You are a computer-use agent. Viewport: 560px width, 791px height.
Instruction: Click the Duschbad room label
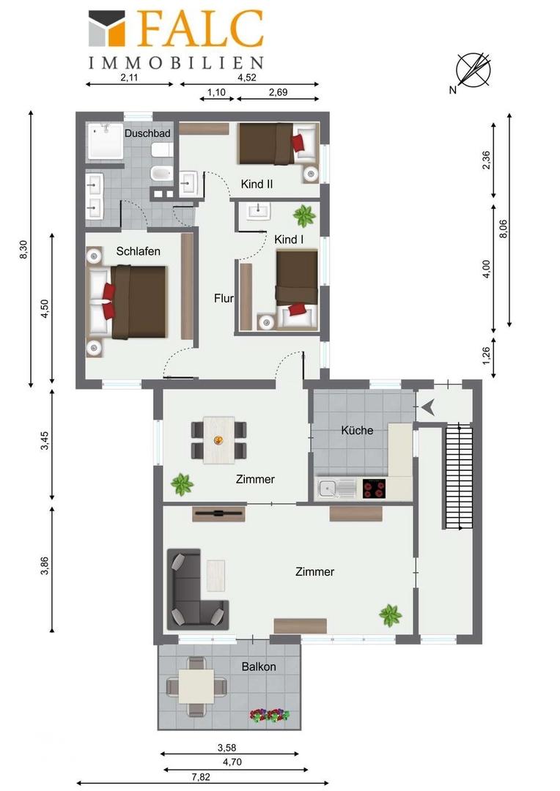pyautogui.click(x=147, y=134)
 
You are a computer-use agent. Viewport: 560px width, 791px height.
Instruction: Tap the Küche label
pyautogui.click(x=357, y=431)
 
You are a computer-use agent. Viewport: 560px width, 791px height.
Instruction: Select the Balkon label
pyautogui.click(x=259, y=666)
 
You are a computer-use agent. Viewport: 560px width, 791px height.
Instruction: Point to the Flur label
pyautogui.click(x=224, y=298)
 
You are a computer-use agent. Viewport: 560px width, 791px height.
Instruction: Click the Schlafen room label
pyautogui.click(x=139, y=251)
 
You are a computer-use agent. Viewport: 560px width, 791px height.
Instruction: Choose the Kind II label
pyautogui.click(x=257, y=184)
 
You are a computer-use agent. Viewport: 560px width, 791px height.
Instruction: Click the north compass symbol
pyautogui.click(x=473, y=70)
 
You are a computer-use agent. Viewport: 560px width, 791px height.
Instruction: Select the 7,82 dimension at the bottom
pyautogui.click(x=201, y=777)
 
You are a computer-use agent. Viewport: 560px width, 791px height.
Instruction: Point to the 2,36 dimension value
pyautogui.click(x=486, y=160)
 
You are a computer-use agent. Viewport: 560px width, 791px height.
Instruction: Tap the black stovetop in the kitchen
pyautogui.click(x=374, y=489)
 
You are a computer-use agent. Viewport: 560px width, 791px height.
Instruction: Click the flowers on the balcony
pyautogui.click(x=270, y=716)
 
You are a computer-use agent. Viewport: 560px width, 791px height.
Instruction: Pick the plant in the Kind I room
pyautogui.click(x=304, y=216)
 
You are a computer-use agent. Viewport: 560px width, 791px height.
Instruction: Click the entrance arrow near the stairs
pyautogui.click(x=428, y=407)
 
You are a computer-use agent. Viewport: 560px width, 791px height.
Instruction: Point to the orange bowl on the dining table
pyautogui.click(x=218, y=440)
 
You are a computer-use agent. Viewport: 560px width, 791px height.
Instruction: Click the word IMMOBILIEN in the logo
pyautogui.click(x=176, y=62)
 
